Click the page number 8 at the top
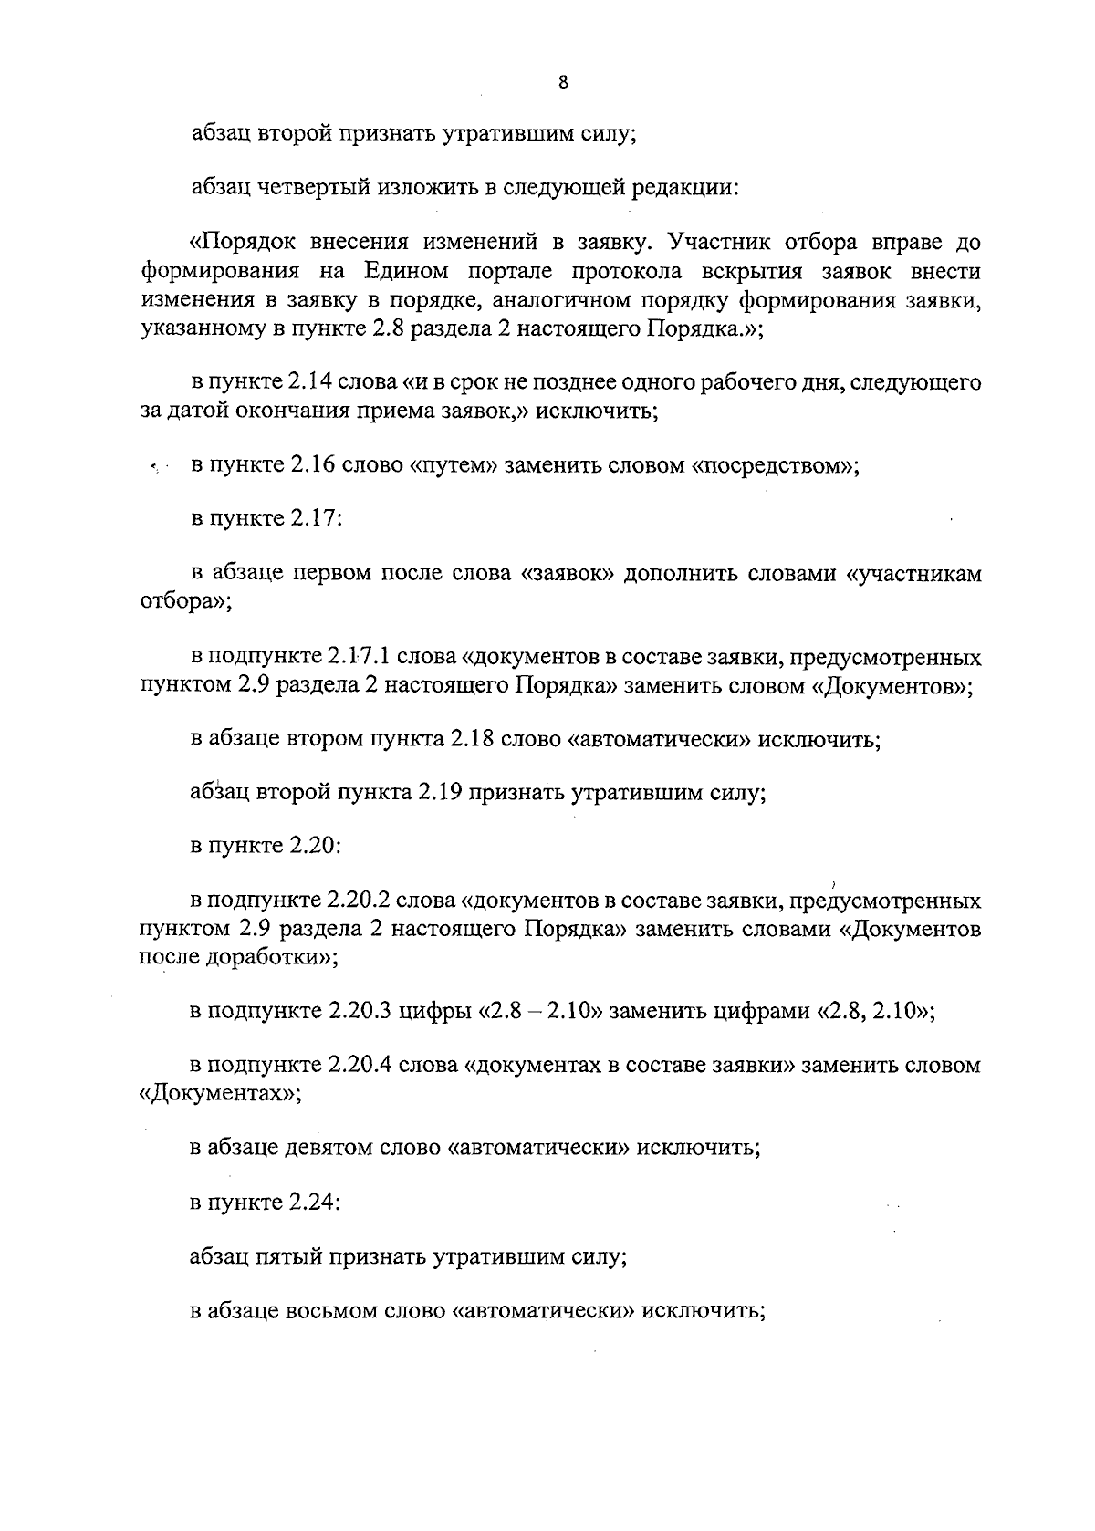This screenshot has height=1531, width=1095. coord(562,83)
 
